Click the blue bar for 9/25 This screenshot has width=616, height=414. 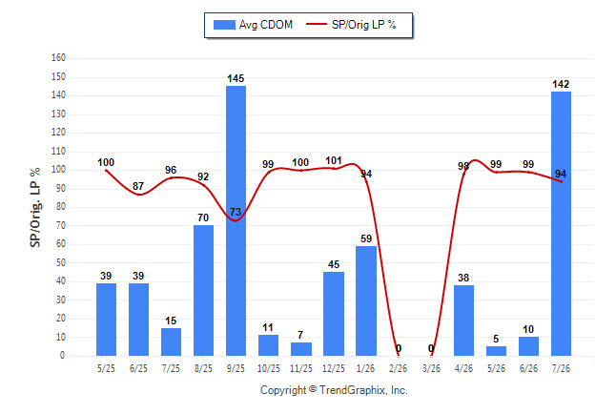(236, 220)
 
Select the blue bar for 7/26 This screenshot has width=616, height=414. (561, 224)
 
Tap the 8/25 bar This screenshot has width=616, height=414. (203, 291)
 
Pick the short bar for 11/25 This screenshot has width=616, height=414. (301, 349)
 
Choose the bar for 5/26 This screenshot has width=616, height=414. (496, 351)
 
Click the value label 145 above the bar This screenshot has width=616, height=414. (236, 78)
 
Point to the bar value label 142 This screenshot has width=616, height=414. (561, 84)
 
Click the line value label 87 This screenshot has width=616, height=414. (138, 186)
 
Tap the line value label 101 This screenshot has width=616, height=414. (334, 160)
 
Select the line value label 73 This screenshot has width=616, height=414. (236, 212)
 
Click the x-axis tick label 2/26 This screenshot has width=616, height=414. (399, 368)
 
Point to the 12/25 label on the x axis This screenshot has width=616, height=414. (334, 368)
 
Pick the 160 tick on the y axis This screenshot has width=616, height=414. (58, 58)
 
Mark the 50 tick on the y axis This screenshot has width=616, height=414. (60, 262)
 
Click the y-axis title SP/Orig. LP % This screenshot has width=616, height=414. (35, 207)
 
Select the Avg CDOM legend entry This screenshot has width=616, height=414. (254, 25)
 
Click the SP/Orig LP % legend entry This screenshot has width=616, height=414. (351, 25)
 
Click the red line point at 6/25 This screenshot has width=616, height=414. (138, 195)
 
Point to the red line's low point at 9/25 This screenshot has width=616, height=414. (236, 220)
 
